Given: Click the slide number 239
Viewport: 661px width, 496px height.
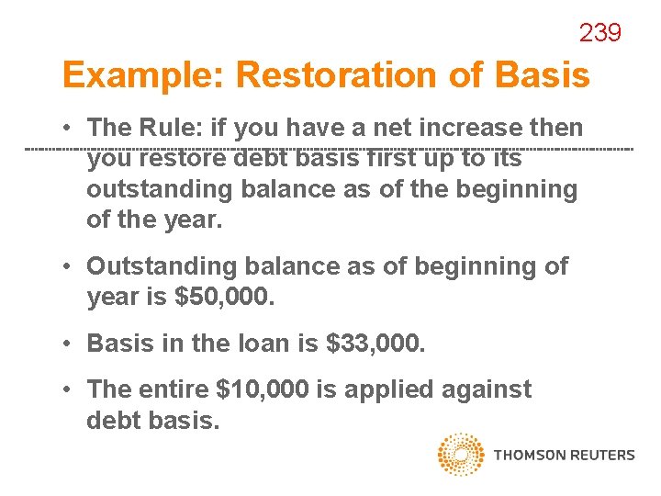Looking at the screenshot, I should click(x=599, y=34).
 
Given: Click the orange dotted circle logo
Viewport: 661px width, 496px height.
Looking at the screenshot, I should click(x=460, y=455).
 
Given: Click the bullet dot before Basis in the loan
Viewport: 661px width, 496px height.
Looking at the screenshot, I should click(x=69, y=344).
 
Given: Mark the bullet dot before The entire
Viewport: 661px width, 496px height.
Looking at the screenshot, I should click(x=69, y=390).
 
